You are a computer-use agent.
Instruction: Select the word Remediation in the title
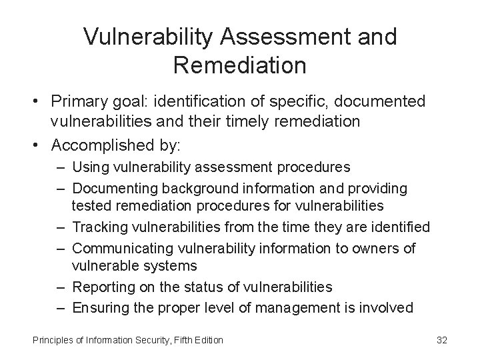click(x=239, y=66)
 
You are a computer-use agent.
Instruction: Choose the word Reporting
click(x=103, y=287)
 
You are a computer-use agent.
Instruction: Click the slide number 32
click(x=441, y=341)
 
